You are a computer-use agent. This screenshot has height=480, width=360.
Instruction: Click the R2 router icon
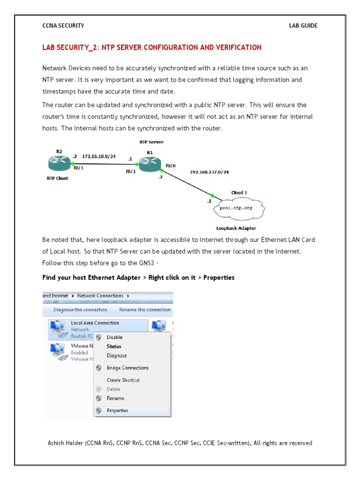pyautogui.click(x=58, y=164)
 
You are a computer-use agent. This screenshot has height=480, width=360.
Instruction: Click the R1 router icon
pyautogui.click(x=149, y=163)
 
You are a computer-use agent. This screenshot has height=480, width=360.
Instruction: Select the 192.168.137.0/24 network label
pyautogui.click(x=209, y=172)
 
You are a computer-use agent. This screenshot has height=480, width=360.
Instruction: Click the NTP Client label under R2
pyautogui.click(x=57, y=178)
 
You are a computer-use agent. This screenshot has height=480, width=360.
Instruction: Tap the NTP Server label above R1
pyautogui.click(x=151, y=142)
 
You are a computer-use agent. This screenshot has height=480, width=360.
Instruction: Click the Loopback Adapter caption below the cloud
pyautogui.click(x=236, y=228)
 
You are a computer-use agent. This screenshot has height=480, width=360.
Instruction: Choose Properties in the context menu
pyautogui.click(x=117, y=411)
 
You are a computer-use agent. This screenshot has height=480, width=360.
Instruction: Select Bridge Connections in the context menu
pyautogui.click(x=127, y=368)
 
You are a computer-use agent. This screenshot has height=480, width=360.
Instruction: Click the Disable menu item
pyautogui.click(x=114, y=337)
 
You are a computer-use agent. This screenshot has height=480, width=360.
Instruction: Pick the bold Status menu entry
pyautogui.click(x=114, y=346)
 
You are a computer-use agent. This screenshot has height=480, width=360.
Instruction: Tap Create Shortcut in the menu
pyautogui.click(x=123, y=380)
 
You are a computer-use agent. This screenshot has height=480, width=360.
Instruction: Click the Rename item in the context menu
pyautogui.click(x=115, y=398)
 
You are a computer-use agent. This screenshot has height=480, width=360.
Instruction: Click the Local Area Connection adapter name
pyautogui.click(x=95, y=323)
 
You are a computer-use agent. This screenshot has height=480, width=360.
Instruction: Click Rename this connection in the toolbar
pyautogui.click(x=145, y=310)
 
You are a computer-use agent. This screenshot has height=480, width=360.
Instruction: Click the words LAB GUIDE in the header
pyautogui.click(x=303, y=26)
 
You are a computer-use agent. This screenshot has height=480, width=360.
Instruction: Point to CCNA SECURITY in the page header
pyautogui.click(x=63, y=26)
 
